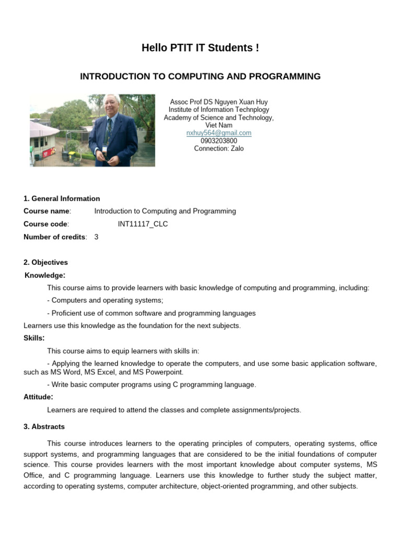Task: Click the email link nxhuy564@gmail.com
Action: [x=219, y=133]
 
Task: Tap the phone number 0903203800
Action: [x=219, y=141]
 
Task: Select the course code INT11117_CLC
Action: [x=143, y=224]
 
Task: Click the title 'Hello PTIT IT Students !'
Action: [x=200, y=49]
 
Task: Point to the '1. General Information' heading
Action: [x=62, y=199]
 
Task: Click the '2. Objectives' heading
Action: [x=45, y=262]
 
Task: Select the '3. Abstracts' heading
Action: [x=44, y=427]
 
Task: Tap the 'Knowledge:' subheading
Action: [x=45, y=275]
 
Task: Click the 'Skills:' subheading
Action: [x=34, y=338]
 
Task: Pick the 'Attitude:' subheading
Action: [x=38, y=397]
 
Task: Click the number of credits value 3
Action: [x=96, y=237]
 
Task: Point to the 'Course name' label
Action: [x=46, y=211]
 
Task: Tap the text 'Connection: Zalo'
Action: [x=219, y=148]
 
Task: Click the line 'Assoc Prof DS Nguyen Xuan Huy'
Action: [x=219, y=102]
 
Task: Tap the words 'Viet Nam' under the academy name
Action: [x=219, y=125]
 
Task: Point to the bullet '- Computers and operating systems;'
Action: [x=105, y=300]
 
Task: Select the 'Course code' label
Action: [x=45, y=224]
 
